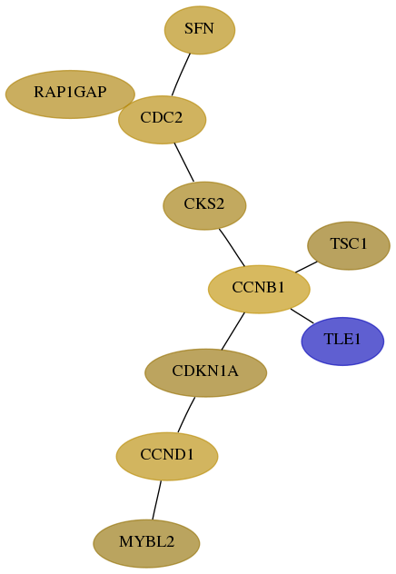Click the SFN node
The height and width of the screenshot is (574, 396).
tap(200, 30)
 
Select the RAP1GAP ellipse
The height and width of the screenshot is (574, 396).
tap(70, 94)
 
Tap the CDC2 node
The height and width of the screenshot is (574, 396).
tap(163, 120)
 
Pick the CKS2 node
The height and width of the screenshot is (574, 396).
tap(204, 206)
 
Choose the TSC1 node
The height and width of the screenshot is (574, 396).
tap(349, 245)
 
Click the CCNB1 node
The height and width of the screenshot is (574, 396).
tap(259, 289)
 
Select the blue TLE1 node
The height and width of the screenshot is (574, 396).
tap(342, 341)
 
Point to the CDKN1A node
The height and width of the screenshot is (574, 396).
tap(205, 372)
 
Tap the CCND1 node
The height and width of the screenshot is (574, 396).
tap(167, 456)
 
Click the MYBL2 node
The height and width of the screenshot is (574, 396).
tap(146, 543)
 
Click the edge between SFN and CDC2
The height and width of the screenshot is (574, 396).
tap(181, 74)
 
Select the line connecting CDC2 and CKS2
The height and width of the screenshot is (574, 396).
tap(184, 163)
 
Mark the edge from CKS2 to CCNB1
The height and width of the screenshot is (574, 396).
tap(232, 247)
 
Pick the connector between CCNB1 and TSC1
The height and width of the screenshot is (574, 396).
tap(306, 267)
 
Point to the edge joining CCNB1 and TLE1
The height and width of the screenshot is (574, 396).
tap(302, 316)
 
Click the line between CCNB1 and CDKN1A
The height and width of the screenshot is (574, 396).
tap(233, 331)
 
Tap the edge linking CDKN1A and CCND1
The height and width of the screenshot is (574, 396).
tap(186, 415)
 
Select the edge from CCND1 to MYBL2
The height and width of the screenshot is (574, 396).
tap(156, 500)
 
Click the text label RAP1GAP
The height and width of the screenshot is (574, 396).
tap(70, 92)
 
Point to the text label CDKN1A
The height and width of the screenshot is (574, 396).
tap(205, 371)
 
